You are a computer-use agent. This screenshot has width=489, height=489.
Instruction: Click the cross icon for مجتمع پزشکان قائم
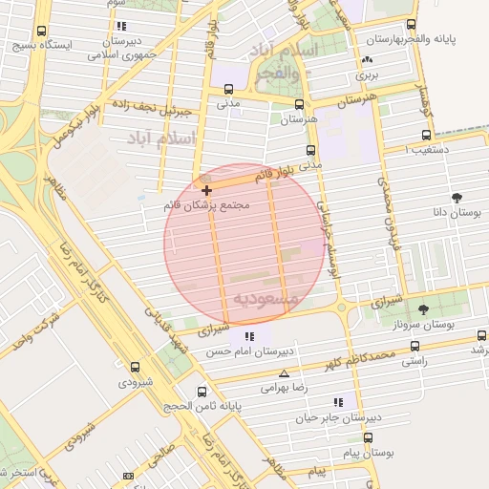(x=207, y=191)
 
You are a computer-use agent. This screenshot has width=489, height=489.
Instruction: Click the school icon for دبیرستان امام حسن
(x=250, y=336)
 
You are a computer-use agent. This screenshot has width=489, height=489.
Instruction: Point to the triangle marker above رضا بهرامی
(x=284, y=373)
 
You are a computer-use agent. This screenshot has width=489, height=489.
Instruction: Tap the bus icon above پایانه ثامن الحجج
(x=202, y=392)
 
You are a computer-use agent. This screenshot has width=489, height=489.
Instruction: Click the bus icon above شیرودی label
(x=134, y=367)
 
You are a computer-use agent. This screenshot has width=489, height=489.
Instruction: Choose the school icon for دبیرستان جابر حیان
(x=337, y=403)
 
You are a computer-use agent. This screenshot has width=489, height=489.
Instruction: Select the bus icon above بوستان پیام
(x=368, y=438)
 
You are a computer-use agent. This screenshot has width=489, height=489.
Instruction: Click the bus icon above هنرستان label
(x=300, y=105)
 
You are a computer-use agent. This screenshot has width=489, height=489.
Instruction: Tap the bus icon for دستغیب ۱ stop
(x=425, y=135)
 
